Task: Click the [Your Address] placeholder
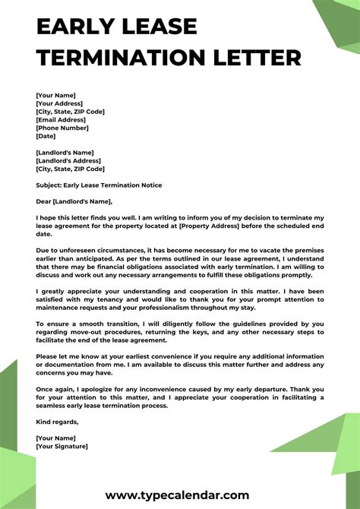pyautogui.click(x=59, y=103)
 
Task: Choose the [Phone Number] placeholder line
pyautogui.click(x=63, y=128)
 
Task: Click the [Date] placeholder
pyautogui.click(x=46, y=137)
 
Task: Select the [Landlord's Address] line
pyautogui.click(x=68, y=160)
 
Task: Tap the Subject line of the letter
pyautogui.click(x=99, y=185)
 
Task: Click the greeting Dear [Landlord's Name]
pyautogui.click(x=74, y=201)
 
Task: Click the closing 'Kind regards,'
pyautogui.click(x=57, y=422)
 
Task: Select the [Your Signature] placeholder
pyautogui.click(x=62, y=446)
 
